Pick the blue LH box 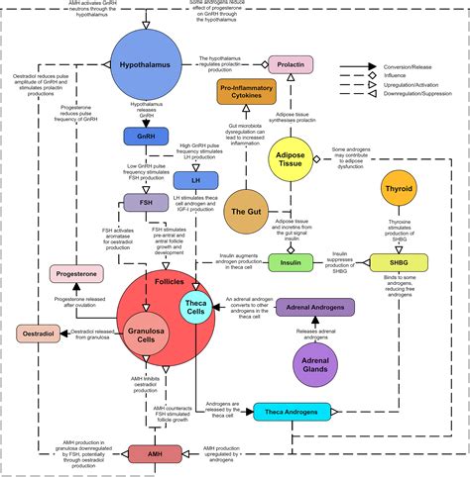click(194, 180)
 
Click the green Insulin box click(290, 262)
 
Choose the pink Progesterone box click(76, 275)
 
